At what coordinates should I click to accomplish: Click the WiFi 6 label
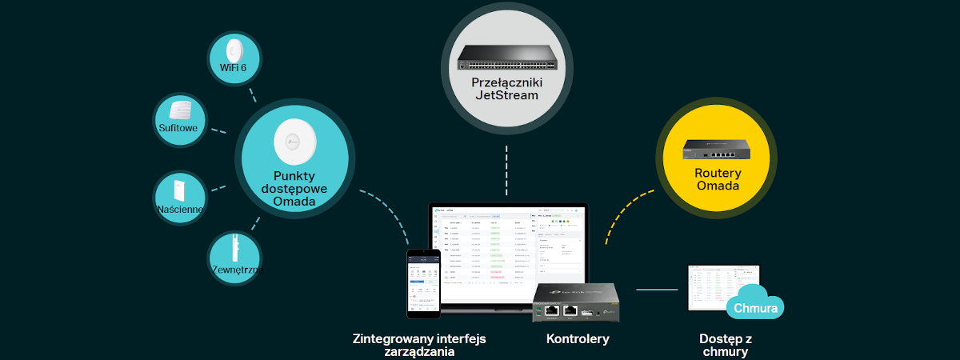pyautogui.click(x=233, y=68)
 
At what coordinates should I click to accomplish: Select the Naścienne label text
pyautogui.click(x=181, y=210)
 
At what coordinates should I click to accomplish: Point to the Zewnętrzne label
pyautogui.click(x=237, y=270)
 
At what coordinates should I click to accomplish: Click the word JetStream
pyautogui.click(x=506, y=96)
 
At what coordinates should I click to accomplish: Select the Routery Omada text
pyautogui.click(x=718, y=179)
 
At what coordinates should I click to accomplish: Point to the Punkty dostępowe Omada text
pyautogui.click(x=294, y=189)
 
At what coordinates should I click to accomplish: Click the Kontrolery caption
pyautogui.click(x=578, y=338)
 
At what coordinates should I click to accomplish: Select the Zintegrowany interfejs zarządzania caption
pyautogui.click(x=419, y=345)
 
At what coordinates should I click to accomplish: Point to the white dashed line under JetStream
pyautogui.click(x=506, y=170)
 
